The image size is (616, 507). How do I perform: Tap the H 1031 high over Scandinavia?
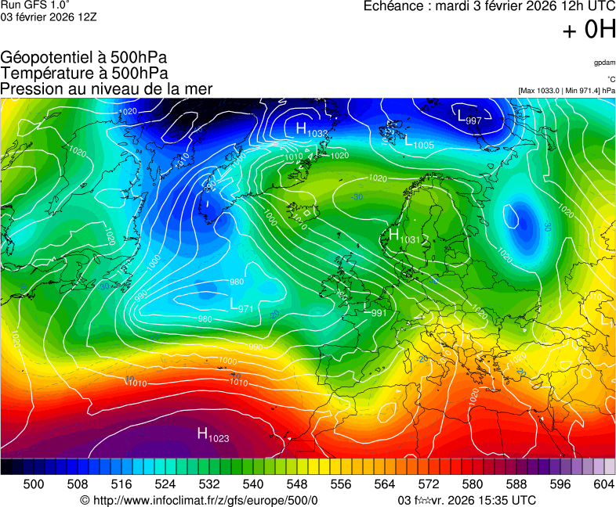point(405,236)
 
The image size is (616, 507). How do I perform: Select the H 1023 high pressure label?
point(212,435)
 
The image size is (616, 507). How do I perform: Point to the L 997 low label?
point(469,117)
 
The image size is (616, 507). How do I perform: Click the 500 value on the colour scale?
point(34,484)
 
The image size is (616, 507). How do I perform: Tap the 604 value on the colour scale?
point(603,484)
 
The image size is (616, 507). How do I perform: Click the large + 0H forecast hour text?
point(589,30)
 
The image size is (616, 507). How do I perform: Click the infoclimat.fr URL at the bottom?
point(199,500)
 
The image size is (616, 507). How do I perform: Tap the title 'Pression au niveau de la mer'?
point(107,89)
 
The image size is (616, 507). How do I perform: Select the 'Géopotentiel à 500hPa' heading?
point(84,58)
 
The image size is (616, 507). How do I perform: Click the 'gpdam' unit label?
point(603,62)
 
